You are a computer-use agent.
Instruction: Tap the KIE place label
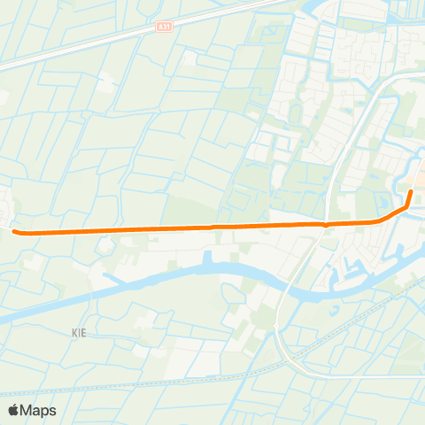(81, 333)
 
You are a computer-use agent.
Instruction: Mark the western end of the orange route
(16, 232)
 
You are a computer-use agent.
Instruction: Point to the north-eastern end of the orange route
(412, 192)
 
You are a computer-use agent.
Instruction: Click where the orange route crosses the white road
(327, 224)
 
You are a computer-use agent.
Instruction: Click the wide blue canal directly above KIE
(80, 290)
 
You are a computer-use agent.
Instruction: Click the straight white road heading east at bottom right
(372, 376)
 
